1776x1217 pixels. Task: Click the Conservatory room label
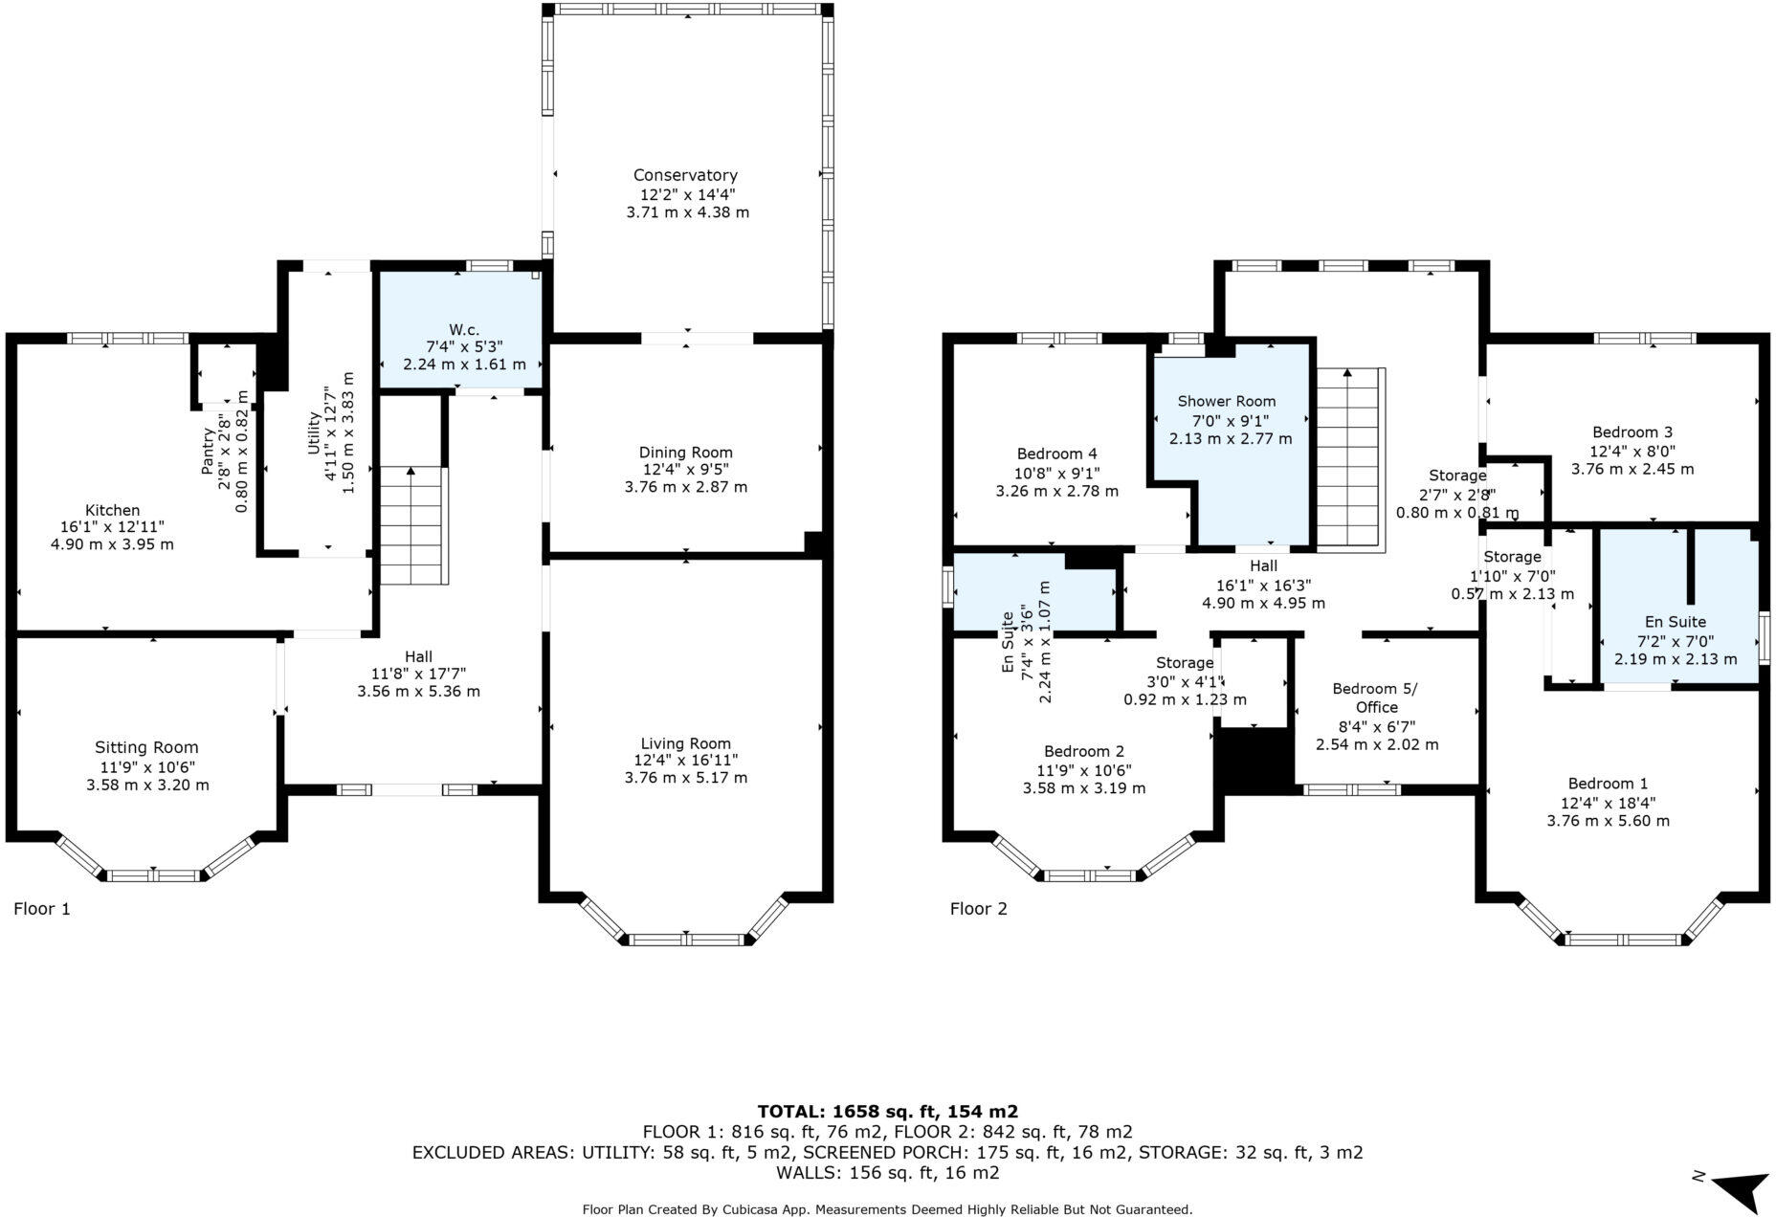tap(685, 175)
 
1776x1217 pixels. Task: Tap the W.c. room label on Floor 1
tap(464, 329)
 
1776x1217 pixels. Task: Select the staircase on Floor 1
tap(413, 525)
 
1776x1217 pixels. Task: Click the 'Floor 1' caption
tap(42, 909)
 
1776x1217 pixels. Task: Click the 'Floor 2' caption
tap(978, 909)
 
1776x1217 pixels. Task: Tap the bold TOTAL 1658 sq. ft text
tap(887, 1111)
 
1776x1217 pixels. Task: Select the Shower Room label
tap(1226, 401)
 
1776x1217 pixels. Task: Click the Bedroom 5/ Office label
tap(1375, 697)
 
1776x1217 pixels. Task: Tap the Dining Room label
tap(685, 453)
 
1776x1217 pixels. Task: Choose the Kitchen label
tap(112, 511)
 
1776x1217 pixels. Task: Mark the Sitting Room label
tap(146, 748)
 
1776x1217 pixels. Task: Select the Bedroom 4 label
tap(1056, 454)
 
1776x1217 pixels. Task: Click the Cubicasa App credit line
tap(887, 1209)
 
